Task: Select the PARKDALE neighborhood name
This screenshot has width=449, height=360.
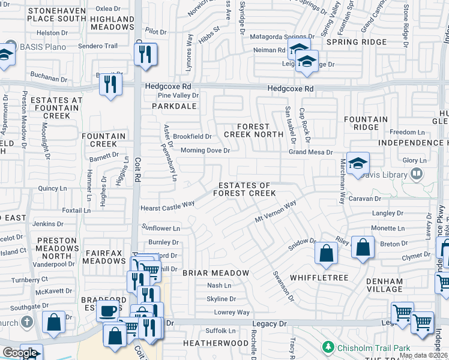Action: tap(174, 106)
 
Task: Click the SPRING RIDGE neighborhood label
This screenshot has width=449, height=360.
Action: tap(356, 42)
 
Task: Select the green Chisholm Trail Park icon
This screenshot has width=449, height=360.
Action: tap(328, 347)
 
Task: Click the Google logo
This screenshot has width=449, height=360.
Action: tap(19, 353)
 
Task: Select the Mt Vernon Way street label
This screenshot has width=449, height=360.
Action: tap(276, 213)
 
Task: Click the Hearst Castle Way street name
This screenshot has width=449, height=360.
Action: tap(167, 205)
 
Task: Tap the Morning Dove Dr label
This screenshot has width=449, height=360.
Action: tap(205, 151)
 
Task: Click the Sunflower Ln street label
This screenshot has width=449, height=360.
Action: tap(160, 228)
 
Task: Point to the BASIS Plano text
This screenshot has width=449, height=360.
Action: tap(45, 47)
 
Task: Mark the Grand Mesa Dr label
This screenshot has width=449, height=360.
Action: tap(310, 152)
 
